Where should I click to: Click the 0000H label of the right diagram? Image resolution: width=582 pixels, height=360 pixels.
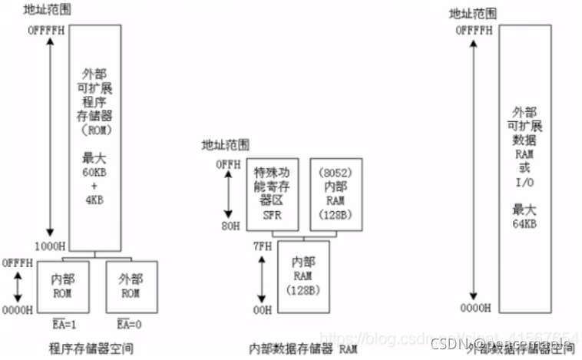(475, 309)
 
